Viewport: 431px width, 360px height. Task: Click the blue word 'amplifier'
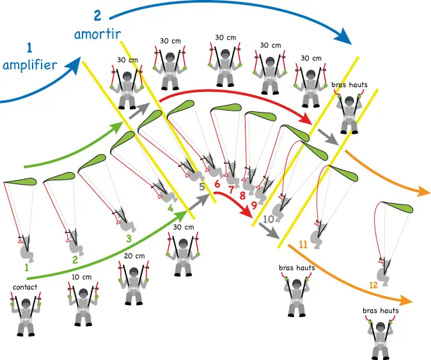[x=30, y=65]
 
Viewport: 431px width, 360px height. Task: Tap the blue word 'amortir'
[x=98, y=34]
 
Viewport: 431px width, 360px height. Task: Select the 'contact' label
[x=25, y=287]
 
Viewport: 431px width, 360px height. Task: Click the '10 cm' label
[x=82, y=277]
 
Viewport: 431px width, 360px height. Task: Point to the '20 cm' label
[x=134, y=256]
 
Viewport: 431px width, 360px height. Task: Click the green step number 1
[x=26, y=267]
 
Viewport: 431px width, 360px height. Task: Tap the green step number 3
[x=129, y=239]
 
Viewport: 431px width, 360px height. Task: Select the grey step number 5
[x=202, y=187]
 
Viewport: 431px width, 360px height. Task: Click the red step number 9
[x=255, y=205]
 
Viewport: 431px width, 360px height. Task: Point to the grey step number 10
[x=269, y=219]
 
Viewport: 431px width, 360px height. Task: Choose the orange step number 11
[x=303, y=244]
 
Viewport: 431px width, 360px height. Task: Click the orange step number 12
[x=373, y=285]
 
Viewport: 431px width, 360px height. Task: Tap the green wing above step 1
[x=20, y=182]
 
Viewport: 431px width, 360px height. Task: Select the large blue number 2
[x=97, y=15]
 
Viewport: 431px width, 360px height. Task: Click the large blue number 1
[x=29, y=47]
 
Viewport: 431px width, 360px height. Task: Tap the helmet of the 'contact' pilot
[x=26, y=303]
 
